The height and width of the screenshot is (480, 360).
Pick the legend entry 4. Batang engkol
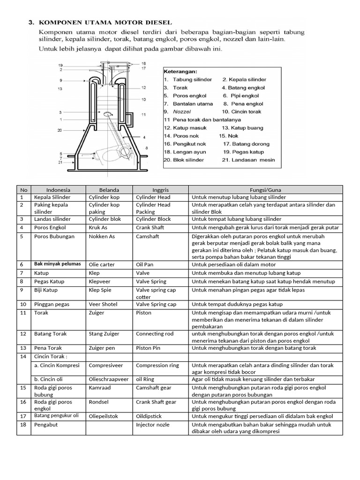click(x=243, y=88)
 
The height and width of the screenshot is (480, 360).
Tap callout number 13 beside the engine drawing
click(x=60, y=88)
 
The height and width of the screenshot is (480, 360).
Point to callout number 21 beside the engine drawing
click(x=60, y=162)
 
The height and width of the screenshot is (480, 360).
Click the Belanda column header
click(x=108, y=190)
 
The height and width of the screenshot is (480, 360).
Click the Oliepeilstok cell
click(x=104, y=416)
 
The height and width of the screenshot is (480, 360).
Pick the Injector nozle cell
click(x=153, y=425)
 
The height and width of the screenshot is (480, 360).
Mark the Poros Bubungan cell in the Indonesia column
click(x=54, y=236)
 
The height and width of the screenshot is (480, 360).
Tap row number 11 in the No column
click(x=22, y=313)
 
